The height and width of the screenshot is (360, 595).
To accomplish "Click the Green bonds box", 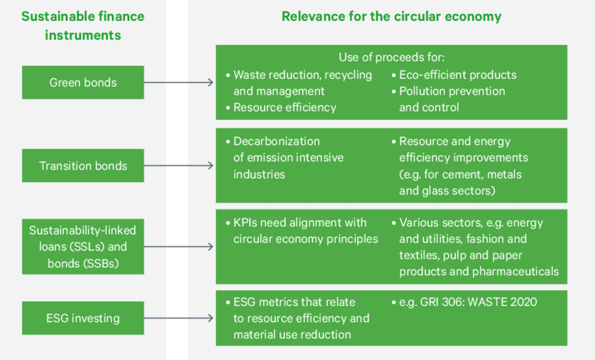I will tap(83, 83).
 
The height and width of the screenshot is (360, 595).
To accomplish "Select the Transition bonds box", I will tap(83, 166).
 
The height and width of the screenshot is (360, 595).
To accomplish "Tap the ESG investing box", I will tap(83, 318).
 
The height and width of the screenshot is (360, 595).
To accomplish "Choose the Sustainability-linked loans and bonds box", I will tap(83, 247).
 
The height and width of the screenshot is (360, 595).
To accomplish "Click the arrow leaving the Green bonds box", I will tap(178, 83).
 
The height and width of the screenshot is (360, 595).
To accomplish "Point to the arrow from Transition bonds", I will tap(178, 166).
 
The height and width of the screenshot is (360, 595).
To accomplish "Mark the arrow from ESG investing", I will tap(178, 318).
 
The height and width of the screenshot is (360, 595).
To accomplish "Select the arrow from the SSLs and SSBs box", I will tap(178, 247).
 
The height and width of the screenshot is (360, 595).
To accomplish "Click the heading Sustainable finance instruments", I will tap(83, 25).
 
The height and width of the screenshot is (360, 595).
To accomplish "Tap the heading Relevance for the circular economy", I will tap(391, 16).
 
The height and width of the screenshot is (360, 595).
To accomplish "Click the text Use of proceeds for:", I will tap(391, 57).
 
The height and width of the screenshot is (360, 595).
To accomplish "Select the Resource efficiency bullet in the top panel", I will tap(284, 107).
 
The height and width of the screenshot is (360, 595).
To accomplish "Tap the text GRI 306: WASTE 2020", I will tap(477, 302).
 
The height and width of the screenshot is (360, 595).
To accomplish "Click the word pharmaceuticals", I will tap(518, 271).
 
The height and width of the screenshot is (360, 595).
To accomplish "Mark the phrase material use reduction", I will tap(292, 334).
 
